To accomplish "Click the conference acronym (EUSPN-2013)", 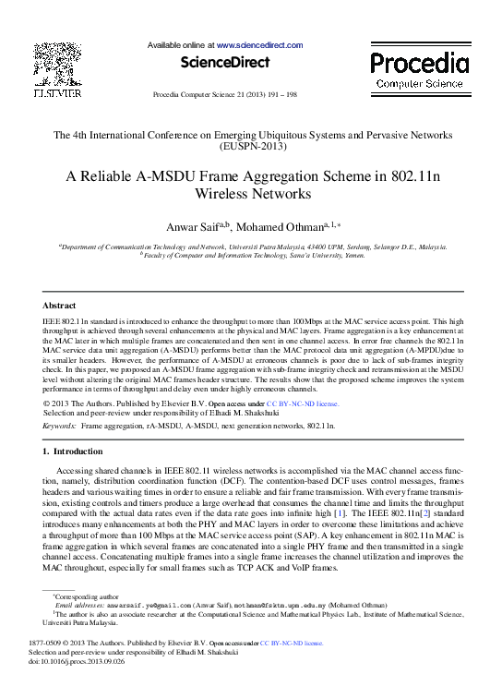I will (251, 147).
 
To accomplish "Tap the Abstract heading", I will (60, 305).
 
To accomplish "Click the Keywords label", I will (60, 427).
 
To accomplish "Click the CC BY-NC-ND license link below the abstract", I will (303, 403).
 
